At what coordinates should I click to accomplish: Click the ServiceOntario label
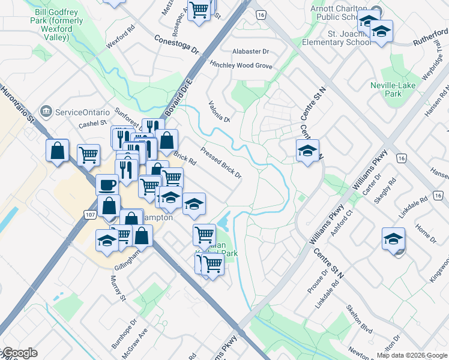(82, 112)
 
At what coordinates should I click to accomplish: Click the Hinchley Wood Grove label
(241, 65)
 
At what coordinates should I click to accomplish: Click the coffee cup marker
(107, 185)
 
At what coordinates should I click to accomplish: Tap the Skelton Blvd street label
(359, 318)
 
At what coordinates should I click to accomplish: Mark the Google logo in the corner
(19, 353)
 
